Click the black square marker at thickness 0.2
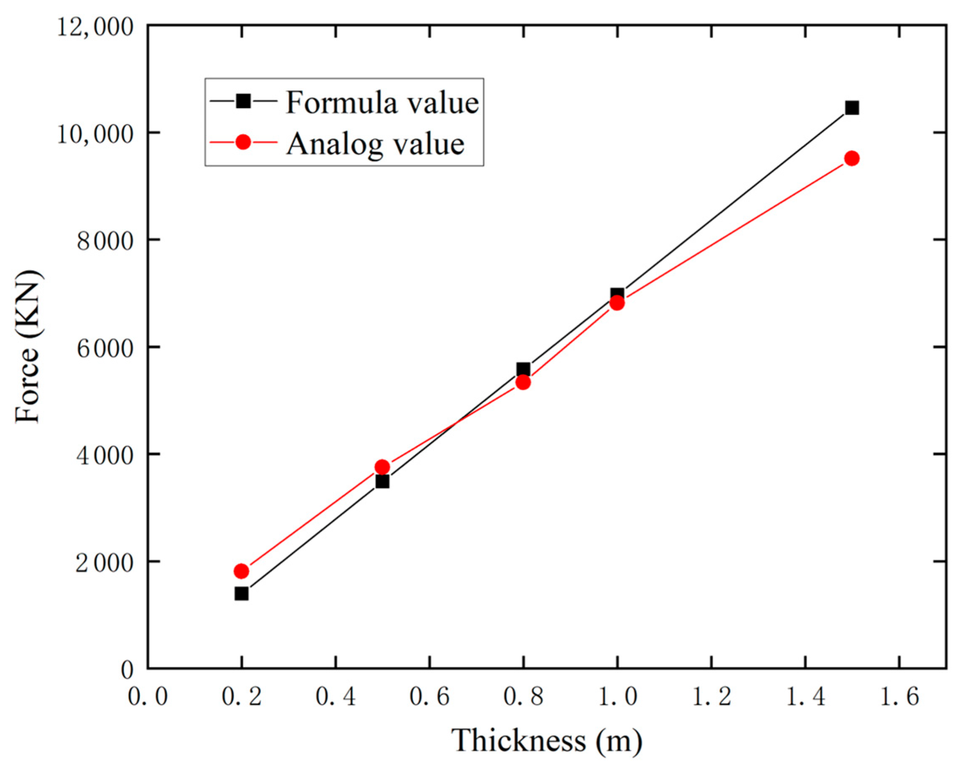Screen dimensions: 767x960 (x=241, y=593)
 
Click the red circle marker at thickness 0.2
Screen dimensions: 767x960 (x=241, y=571)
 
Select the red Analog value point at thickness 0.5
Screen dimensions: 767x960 (x=383, y=467)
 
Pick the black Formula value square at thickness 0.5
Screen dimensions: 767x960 (x=383, y=481)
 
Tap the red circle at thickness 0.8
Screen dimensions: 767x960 (x=523, y=382)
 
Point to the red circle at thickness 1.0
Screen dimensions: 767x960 (x=617, y=303)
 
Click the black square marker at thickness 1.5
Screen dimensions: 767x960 (x=852, y=108)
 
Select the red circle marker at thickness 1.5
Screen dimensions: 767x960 (x=852, y=158)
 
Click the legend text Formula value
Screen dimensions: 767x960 (x=382, y=102)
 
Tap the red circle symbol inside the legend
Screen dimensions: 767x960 (x=243, y=142)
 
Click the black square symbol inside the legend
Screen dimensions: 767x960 (x=243, y=102)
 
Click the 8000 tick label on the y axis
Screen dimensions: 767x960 (x=105, y=241)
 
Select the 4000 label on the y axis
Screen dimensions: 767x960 (x=105, y=456)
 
